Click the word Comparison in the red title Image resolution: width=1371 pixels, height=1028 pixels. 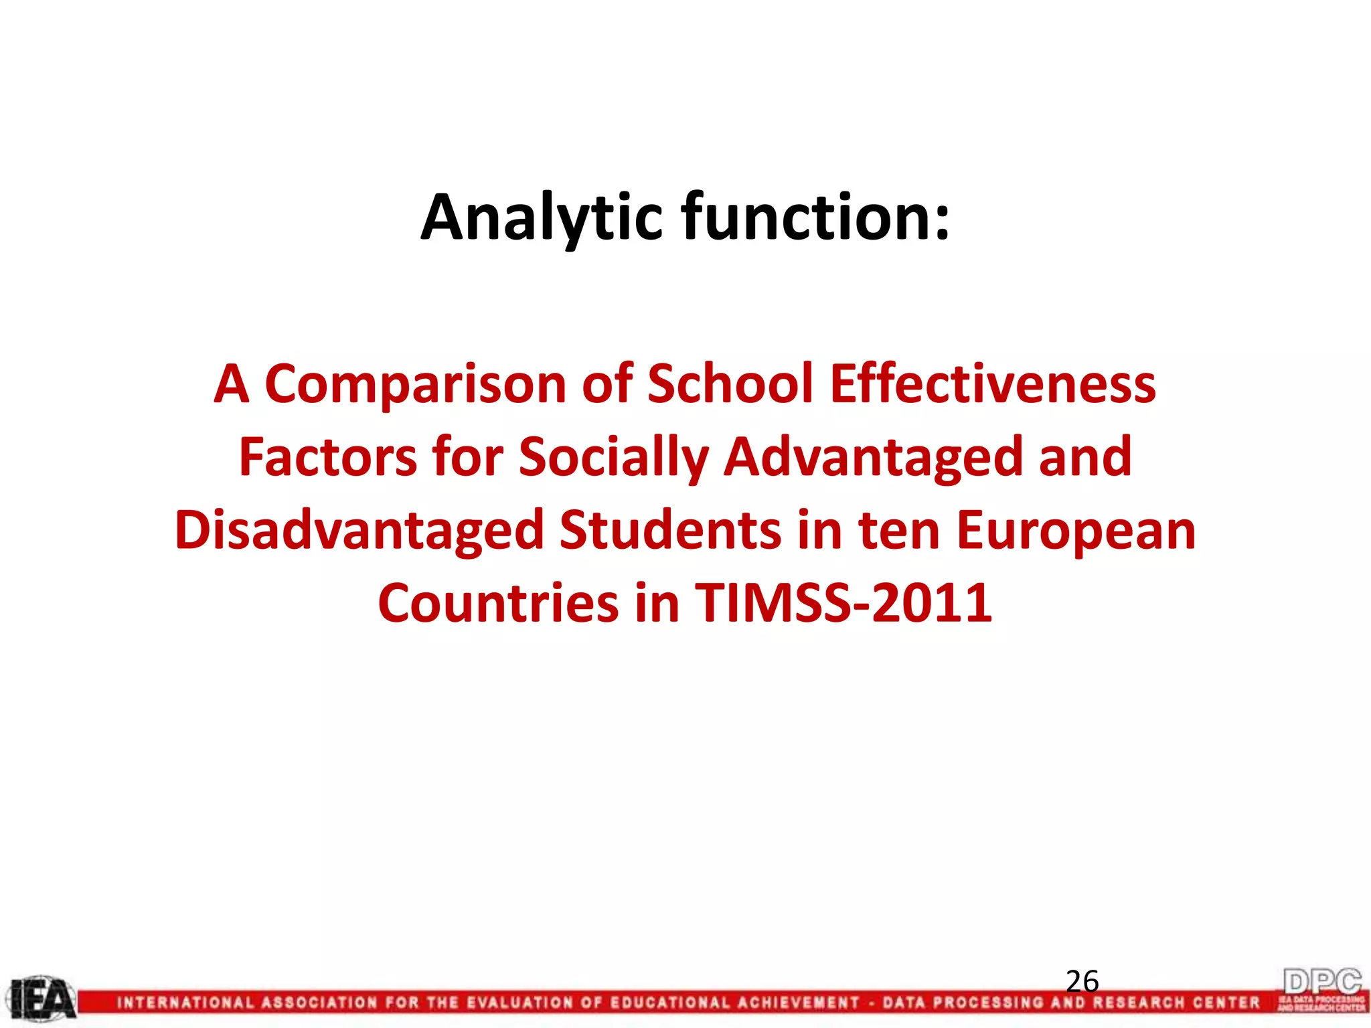point(416,384)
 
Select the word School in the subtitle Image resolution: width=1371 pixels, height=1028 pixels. point(730,384)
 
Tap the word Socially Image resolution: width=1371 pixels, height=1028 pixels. point(613,458)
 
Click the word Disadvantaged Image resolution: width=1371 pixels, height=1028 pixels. point(359,531)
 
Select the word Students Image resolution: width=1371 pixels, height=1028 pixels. point(670,531)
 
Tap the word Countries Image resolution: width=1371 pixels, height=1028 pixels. point(498,603)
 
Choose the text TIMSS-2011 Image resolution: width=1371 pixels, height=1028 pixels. point(843,603)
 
